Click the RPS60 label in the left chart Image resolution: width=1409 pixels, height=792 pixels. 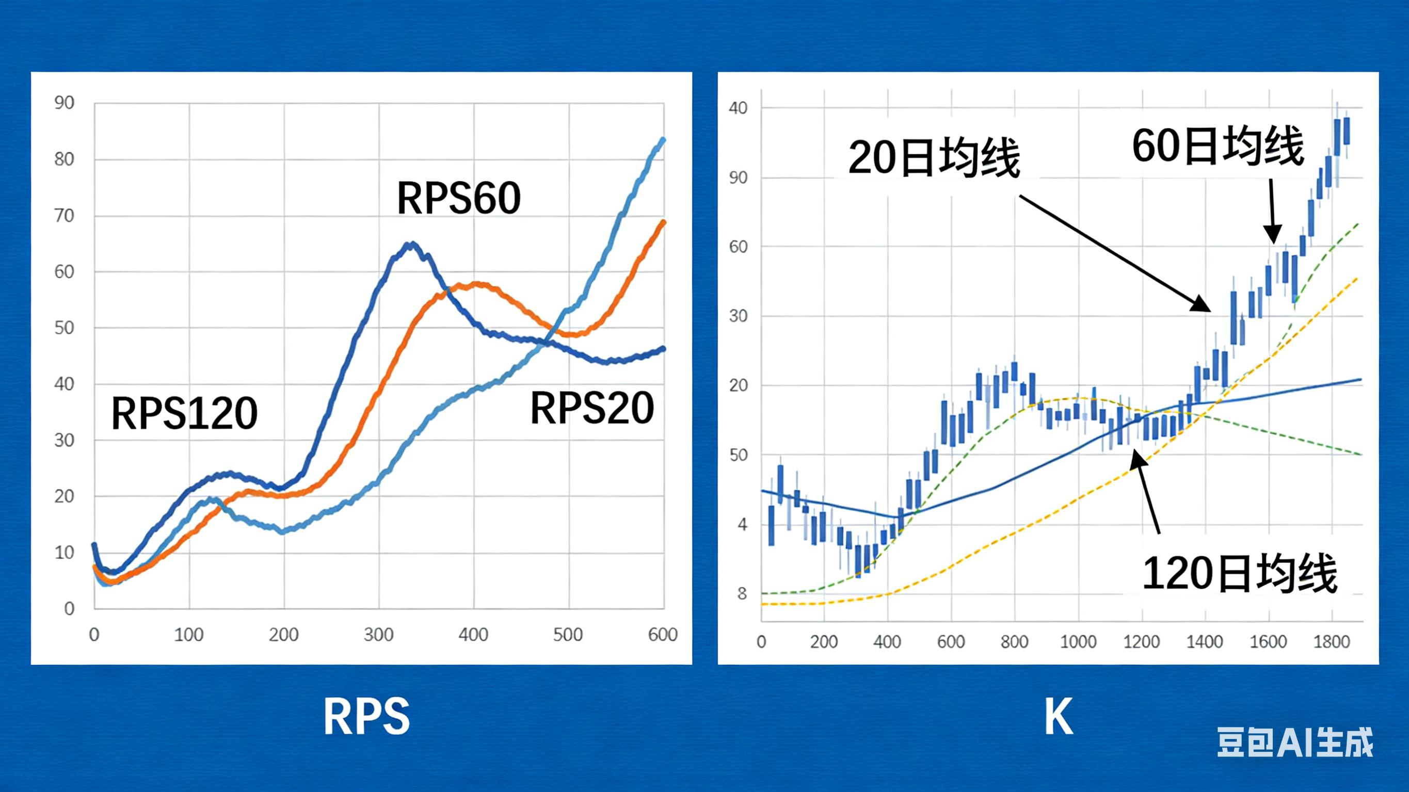pyautogui.click(x=458, y=198)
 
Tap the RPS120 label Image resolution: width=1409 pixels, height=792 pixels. pyautogui.click(x=184, y=413)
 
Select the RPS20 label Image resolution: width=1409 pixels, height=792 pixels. pyautogui.click(x=592, y=408)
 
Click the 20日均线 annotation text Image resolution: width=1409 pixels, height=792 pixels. pyautogui.click(x=934, y=158)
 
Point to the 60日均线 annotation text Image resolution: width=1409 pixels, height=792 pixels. pyautogui.click(x=1218, y=146)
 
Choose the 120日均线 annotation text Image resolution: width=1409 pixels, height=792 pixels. pyautogui.click(x=1239, y=574)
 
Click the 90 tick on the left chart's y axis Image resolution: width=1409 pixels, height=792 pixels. pyautogui.click(x=64, y=103)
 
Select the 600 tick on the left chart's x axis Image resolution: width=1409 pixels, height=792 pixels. pyautogui.click(x=662, y=635)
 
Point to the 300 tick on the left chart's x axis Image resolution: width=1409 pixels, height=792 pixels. pyautogui.click(x=378, y=635)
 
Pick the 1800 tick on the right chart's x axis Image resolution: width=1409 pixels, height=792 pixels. pyautogui.click(x=1332, y=641)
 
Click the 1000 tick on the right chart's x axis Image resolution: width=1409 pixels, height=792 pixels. pyautogui.click(x=1078, y=641)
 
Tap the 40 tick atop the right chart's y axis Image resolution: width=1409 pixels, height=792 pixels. pyautogui.click(x=738, y=108)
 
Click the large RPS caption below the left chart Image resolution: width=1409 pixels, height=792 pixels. pyautogui.click(x=366, y=717)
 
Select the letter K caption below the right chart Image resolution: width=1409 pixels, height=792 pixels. pyautogui.click(x=1059, y=717)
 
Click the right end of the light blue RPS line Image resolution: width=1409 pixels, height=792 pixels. pyautogui.click(x=664, y=139)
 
